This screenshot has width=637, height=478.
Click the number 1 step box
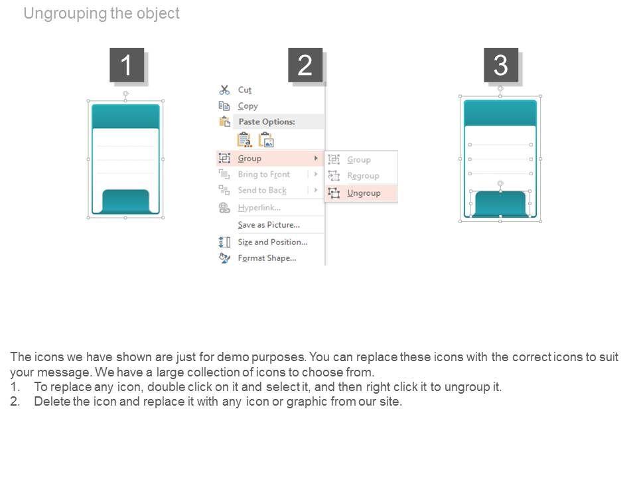[127, 65]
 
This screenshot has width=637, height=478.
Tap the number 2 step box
[305, 65]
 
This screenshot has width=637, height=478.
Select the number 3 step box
[501, 65]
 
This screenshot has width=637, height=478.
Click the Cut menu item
[245, 90]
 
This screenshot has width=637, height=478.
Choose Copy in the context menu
[248, 106]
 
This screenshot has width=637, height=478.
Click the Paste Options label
[267, 121]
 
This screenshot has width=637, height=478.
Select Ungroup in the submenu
[364, 193]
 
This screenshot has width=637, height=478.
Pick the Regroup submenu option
[363, 176]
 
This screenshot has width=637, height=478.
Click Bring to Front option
[264, 175]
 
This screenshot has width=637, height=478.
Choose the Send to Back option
[262, 191]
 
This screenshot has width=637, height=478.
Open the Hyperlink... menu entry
[259, 208]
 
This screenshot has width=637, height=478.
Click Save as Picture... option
[269, 225]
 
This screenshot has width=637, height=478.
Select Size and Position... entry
[273, 242]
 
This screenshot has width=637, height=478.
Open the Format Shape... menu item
[267, 258]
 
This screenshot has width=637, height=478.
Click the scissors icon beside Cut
[224, 90]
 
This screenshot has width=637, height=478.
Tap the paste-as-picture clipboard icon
[267, 140]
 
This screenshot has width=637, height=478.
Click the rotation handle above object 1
[126, 94]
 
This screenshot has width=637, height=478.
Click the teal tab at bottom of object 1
[125, 200]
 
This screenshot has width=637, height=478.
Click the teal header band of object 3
[500, 113]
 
